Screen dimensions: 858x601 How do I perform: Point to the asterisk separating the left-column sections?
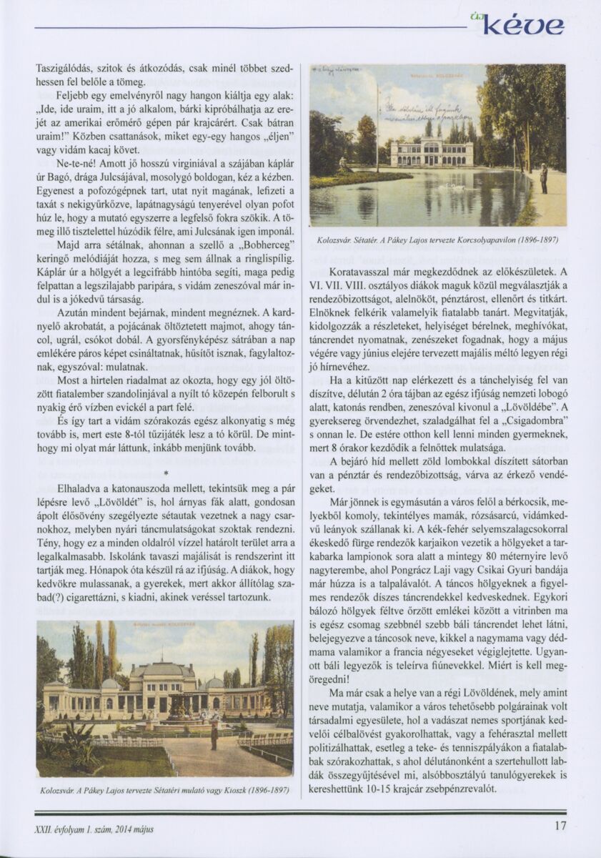pos(165,473)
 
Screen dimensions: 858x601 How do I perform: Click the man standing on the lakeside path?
pos(544,179)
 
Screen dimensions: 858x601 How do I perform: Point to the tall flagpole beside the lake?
pos(377,129)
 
